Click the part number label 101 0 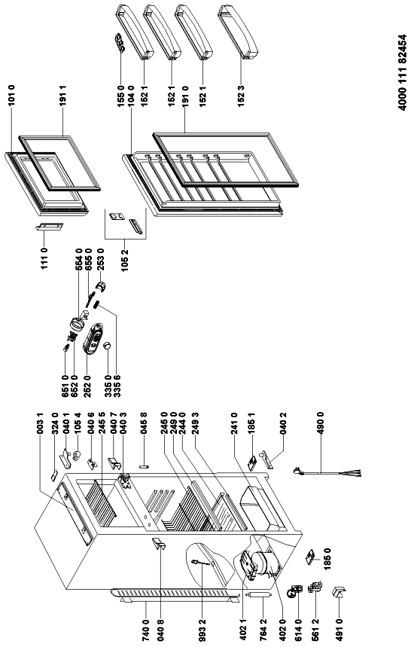coord(11,96)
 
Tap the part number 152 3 coord(242,96)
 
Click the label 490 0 coord(321,423)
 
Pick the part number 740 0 coord(146,630)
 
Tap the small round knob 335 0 coord(108,346)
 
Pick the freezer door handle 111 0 coord(49,227)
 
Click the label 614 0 coord(299,630)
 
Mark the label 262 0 coord(87,386)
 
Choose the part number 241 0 coord(234,423)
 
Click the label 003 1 coord(40,423)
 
